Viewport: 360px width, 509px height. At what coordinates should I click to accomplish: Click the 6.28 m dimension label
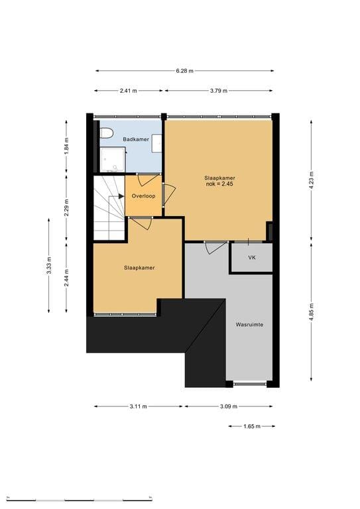click(185, 71)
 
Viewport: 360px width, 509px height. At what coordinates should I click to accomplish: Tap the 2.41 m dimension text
click(128, 91)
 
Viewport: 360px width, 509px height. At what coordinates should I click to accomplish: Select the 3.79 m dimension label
click(219, 91)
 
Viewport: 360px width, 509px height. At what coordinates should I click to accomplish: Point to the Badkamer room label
click(136, 139)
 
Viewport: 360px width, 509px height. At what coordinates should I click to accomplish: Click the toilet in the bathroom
click(106, 133)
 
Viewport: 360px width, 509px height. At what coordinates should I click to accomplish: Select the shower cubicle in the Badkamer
click(112, 159)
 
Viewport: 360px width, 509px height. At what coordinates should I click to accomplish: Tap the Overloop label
click(143, 196)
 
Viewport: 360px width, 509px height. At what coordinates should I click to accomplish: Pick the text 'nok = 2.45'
click(219, 184)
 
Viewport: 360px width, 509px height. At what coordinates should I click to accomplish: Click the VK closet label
click(251, 257)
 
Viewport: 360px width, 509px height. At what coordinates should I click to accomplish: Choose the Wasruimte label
click(249, 325)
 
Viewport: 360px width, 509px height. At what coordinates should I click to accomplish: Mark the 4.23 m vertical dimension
click(312, 181)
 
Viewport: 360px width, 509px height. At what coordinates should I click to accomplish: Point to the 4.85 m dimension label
click(312, 312)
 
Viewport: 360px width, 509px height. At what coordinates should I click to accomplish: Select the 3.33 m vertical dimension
click(48, 266)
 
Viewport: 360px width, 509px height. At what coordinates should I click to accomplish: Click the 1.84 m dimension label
click(66, 146)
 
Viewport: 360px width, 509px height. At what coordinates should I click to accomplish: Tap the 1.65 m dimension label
click(252, 426)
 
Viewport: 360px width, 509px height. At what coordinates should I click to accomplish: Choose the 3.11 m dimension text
click(139, 406)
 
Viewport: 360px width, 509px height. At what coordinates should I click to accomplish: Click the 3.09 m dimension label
click(229, 406)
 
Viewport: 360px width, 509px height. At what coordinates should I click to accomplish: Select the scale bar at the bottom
click(79, 498)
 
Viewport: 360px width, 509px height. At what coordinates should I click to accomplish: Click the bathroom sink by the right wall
click(156, 143)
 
